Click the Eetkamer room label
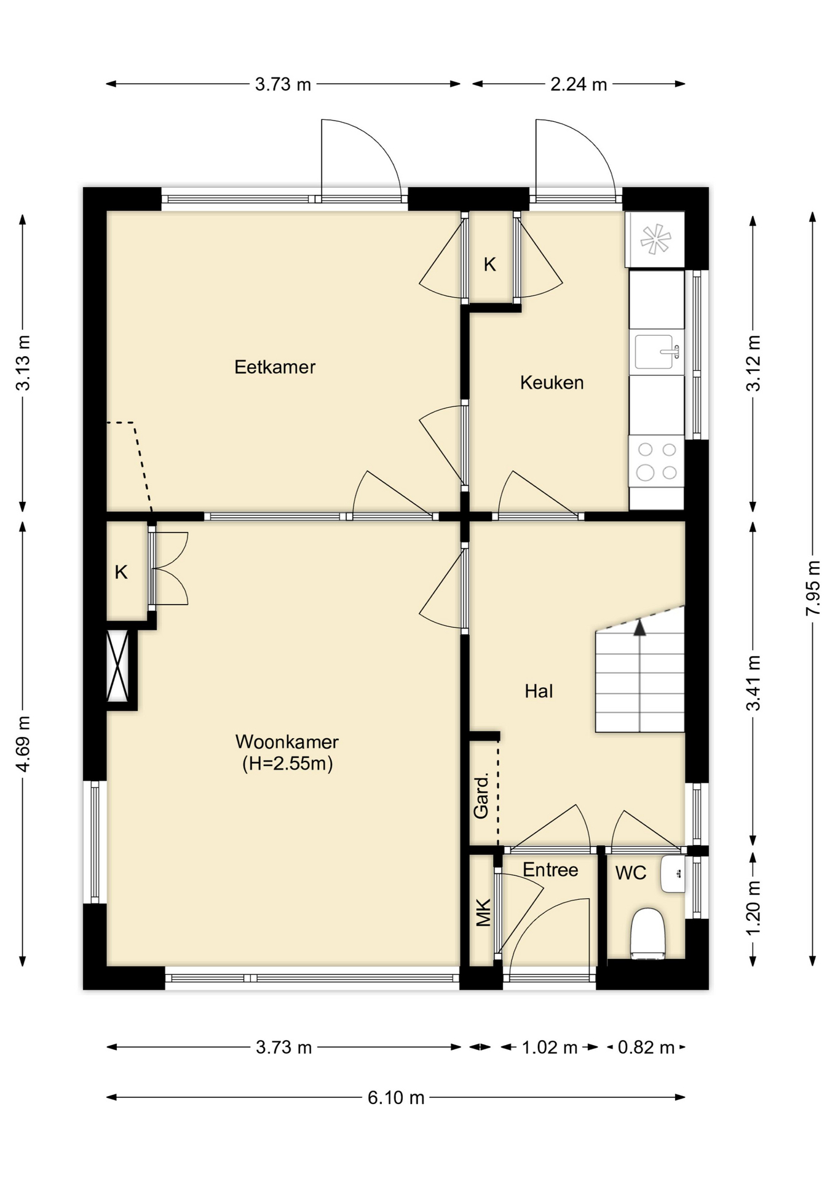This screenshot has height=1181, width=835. pos(275,367)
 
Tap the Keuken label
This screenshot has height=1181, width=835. pos(552,383)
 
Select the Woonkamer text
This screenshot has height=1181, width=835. pos(287,741)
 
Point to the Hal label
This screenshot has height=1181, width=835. pos(539,691)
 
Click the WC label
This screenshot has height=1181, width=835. pos(631,873)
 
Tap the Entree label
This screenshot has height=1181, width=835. pos(550,870)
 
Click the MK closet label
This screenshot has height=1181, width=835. pos(484,913)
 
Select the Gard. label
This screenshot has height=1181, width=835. pos(481,796)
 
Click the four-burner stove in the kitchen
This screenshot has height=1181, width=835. pos(657,461)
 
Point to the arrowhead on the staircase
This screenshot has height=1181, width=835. pos(640,627)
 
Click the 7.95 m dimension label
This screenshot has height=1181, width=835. pos(813,587)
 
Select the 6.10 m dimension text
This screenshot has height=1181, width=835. pos(396,1097)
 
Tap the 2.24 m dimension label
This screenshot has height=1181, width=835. pos(579,84)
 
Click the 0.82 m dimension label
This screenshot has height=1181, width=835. pos(646,1047)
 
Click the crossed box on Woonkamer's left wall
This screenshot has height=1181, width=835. pos(117,666)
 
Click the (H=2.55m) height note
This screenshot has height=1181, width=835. pos(287,764)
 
